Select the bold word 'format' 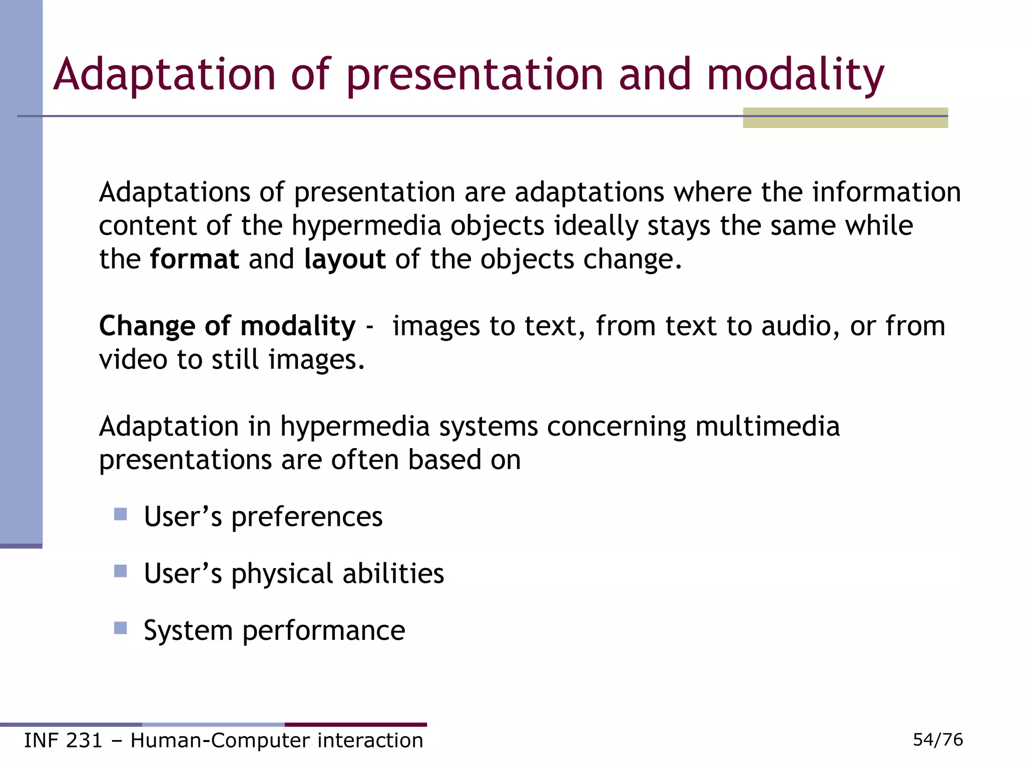(194, 259)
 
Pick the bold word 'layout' (345, 260)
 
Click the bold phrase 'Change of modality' (227, 326)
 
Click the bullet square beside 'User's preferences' (120, 514)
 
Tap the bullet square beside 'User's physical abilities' (120, 571)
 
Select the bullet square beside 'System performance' (120, 628)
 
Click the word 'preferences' (306, 517)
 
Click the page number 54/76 (937, 739)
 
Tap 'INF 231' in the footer (63, 740)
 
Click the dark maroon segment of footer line (355, 724)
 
